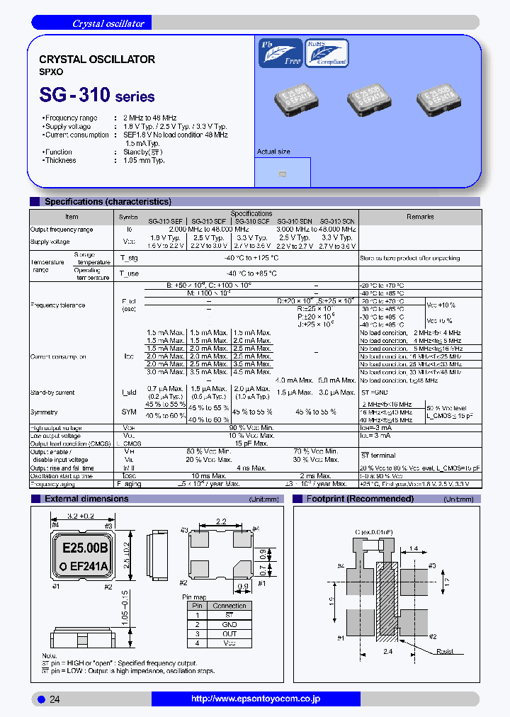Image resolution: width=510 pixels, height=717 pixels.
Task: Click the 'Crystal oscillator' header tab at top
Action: tap(108, 23)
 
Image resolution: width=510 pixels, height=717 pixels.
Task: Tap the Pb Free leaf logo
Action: tap(280, 52)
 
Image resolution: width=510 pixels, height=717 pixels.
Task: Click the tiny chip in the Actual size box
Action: tap(283, 174)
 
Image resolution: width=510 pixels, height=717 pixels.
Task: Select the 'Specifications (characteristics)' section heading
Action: tap(108, 202)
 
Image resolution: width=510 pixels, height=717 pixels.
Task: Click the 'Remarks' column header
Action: tap(419, 217)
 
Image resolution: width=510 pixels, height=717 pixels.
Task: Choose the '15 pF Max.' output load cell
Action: tap(251, 443)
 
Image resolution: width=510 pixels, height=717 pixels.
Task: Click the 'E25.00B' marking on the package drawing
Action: tap(85, 548)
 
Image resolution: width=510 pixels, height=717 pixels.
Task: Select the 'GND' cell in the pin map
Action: tap(229, 625)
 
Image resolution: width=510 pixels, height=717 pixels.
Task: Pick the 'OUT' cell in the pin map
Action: tap(229, 634)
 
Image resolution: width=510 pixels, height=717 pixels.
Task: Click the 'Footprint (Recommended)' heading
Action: tap(360, 499)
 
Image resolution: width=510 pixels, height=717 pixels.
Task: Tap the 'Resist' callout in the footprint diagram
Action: tap(445, 651)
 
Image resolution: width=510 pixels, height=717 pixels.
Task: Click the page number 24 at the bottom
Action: tap(55, 699)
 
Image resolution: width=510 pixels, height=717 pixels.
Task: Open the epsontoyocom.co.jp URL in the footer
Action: tap(256, 699)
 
